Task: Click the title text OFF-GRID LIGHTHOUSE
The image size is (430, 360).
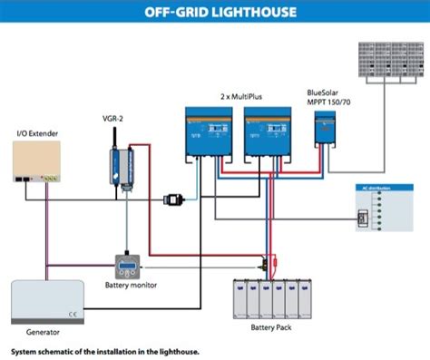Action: pos(214,13)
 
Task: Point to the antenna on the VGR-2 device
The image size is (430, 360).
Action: pos(116,136)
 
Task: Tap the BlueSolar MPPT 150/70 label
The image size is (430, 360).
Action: pos(328,96)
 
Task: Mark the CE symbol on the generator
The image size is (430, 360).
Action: pos(70,313)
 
